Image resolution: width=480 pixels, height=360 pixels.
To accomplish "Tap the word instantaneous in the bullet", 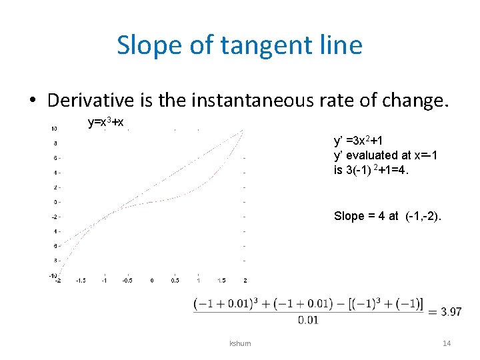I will (258, 101).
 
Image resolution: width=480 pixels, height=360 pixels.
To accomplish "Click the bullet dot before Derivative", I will (32, 101).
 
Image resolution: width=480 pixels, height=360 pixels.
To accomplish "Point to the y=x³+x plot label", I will (106, 123).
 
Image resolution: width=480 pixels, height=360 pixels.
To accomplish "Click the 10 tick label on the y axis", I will (54, 129).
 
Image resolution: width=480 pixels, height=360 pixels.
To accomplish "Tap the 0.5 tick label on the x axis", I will (174, 281).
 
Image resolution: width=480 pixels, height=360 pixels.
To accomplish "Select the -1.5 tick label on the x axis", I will (80, 281).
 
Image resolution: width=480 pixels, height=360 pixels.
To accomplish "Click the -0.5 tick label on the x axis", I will (127, 281).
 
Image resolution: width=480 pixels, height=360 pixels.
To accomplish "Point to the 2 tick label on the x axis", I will (245, 281).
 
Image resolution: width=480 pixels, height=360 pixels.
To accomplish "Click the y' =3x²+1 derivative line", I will (358, 141).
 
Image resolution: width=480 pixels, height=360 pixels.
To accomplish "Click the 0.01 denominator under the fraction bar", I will (308, 321).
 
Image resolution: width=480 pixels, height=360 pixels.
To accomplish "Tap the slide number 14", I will (447, 343).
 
